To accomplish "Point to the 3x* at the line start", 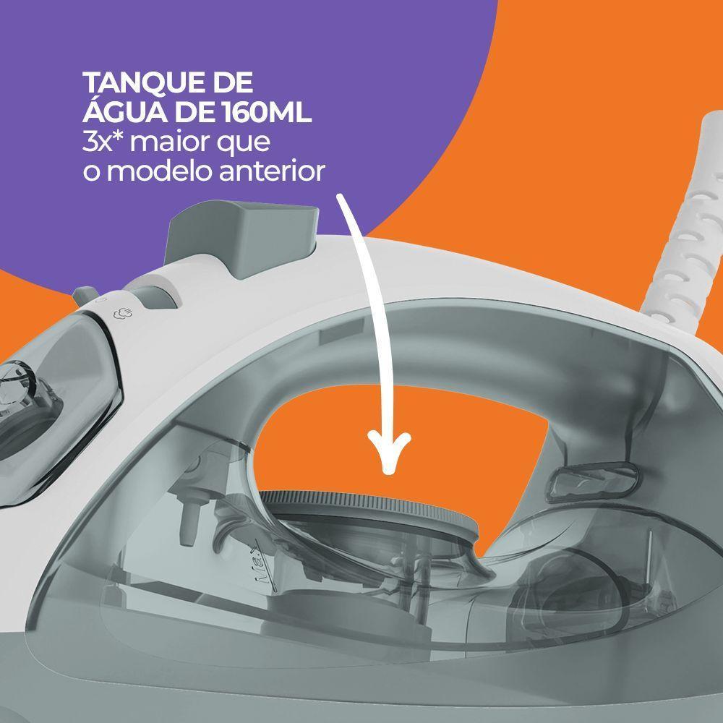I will point(103,142).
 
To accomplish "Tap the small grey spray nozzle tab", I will point(85,295).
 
